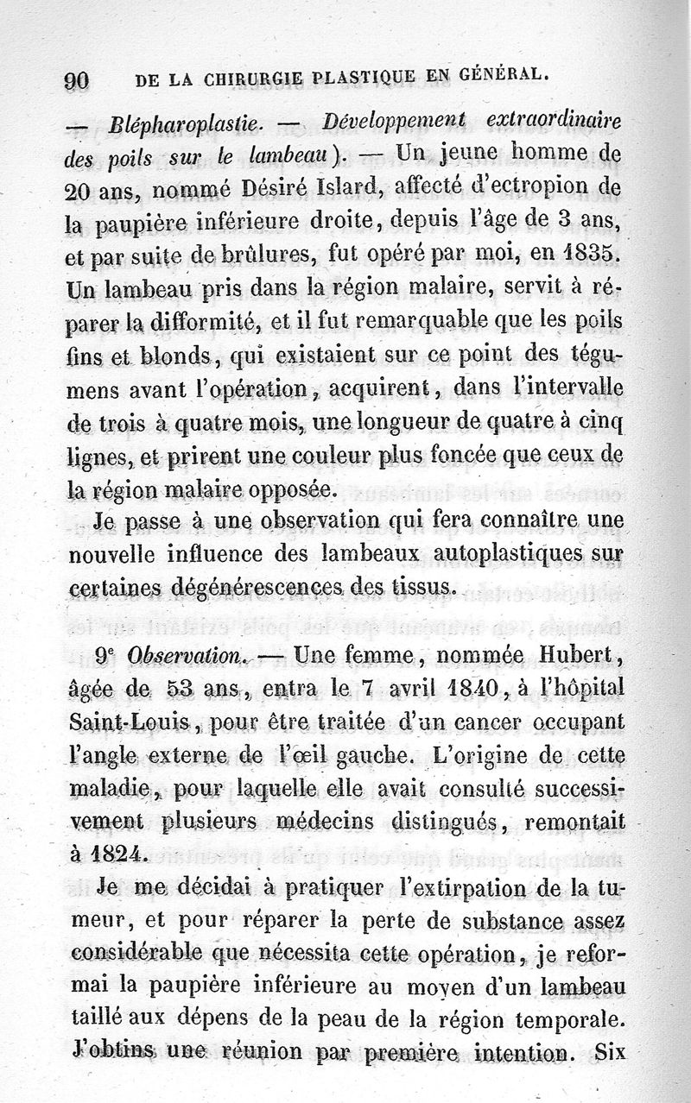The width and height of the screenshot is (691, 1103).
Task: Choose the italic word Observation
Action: coord(182,657)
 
